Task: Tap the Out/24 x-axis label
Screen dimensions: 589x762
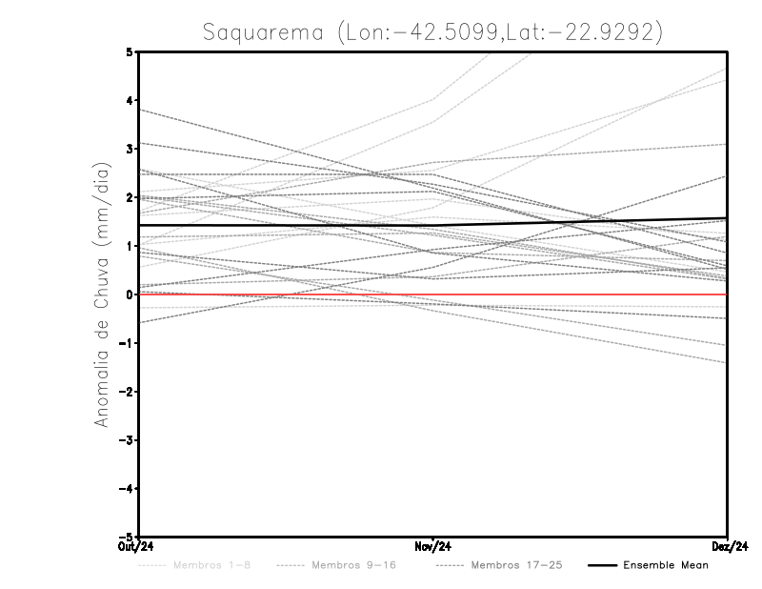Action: coord(138,546)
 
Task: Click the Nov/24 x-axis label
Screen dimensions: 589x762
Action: coord(433,546)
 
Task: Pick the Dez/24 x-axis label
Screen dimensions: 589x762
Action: coord(727,546)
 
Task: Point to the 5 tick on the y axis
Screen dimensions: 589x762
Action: coord(130,51)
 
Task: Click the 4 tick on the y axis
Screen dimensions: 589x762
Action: coord(130,100)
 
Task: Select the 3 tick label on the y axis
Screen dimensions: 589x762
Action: coord(130,149)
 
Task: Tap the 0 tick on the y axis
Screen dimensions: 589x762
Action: coord(130,294)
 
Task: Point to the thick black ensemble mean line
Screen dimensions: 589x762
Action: coord(286,225)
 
